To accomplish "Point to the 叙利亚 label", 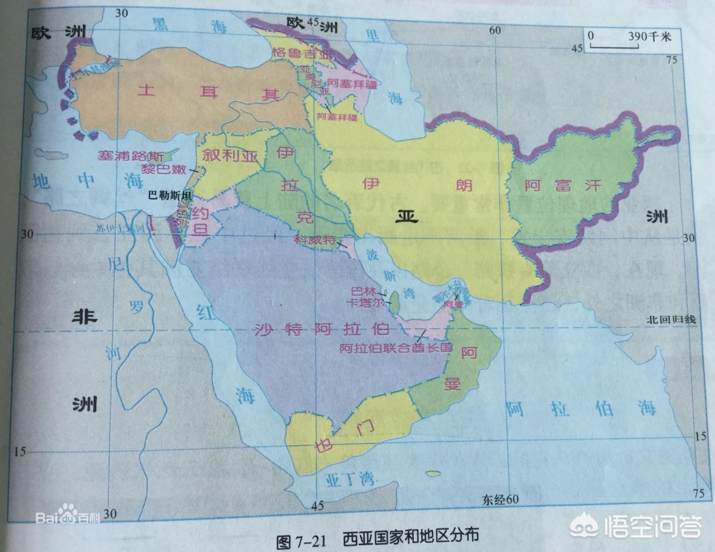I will [x=228, y=155].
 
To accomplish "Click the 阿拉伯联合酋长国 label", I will [x=395, y=348].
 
